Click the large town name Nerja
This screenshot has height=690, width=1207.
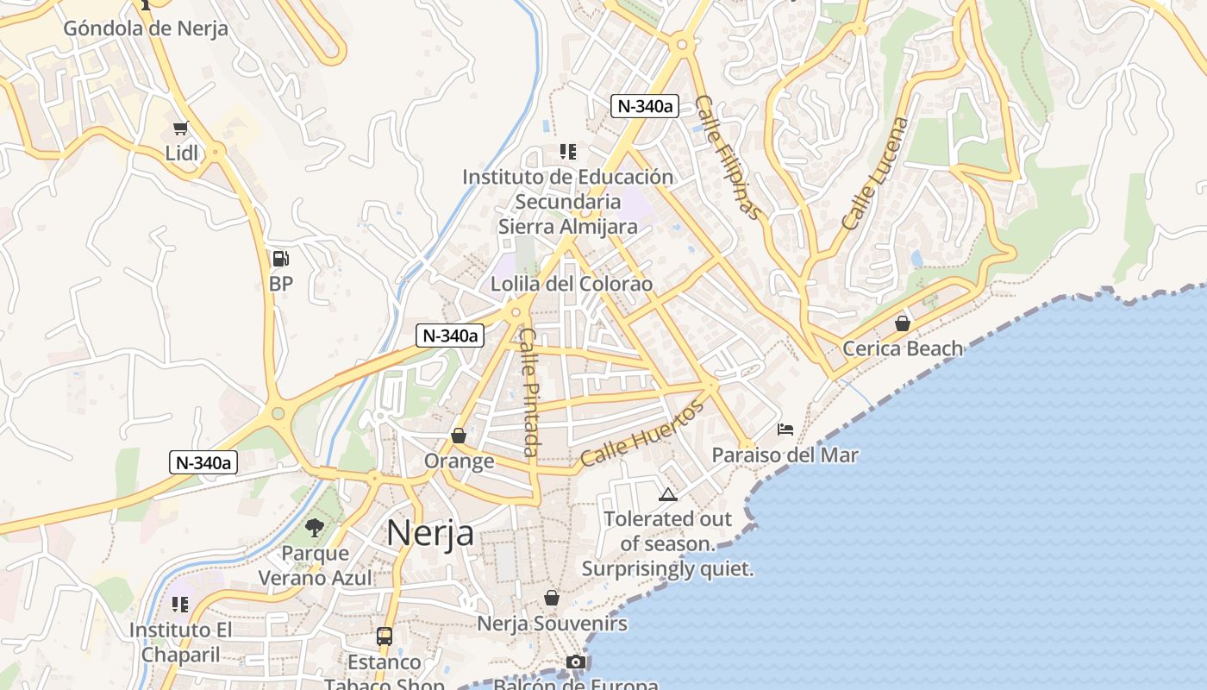tap(429, 532)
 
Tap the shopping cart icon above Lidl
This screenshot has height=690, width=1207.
tap(180, 129)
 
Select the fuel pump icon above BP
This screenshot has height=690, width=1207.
tap(280, 258)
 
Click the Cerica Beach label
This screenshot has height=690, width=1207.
tap(902, 348)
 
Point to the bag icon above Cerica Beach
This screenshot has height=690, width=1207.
tap(902, 323)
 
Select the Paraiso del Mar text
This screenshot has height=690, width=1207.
tap(785, 455)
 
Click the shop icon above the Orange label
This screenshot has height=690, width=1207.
tap(459, 436)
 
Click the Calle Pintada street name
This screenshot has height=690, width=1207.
tap(529, 392)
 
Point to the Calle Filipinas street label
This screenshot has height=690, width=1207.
tap(729, 157)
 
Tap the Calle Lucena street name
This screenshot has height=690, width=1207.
tap(875, 173)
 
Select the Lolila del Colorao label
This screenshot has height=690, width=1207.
tap(572, 284)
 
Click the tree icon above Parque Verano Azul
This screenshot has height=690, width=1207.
tap(315, 527)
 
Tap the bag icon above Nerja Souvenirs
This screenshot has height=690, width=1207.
tap(552, 598)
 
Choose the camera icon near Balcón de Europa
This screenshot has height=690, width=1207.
tap(576, 662)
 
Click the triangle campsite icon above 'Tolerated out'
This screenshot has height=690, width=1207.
tap(667, 494)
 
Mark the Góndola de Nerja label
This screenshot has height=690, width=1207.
tap(146, 28)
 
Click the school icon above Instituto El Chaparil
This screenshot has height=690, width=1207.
tap(180, 604)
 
